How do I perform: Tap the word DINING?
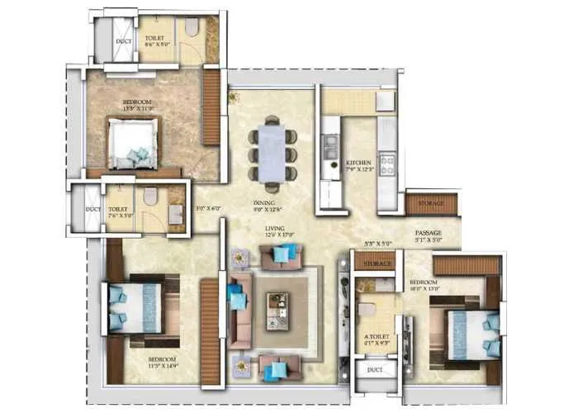point(265,202)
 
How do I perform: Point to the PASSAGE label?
point(428,234)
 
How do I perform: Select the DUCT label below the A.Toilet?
point(375,371)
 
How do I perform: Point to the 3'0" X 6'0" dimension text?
point(207,209)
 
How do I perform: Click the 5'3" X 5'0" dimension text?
point(371,244)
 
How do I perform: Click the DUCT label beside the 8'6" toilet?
point(123,40)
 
